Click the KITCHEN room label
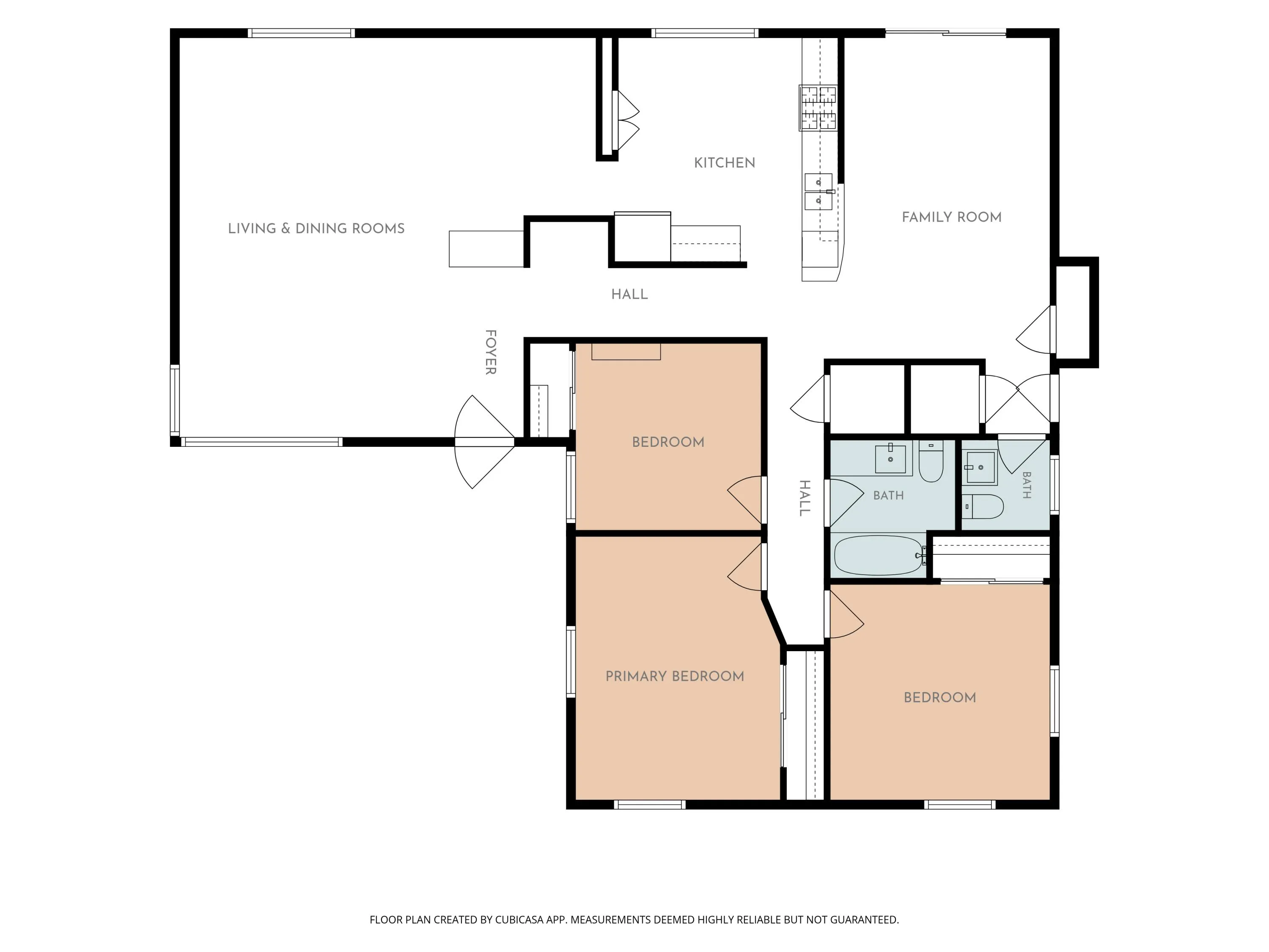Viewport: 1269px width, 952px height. point(724,163)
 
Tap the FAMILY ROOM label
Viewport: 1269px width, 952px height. point(951,217)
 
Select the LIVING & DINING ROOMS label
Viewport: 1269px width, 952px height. point(316,228)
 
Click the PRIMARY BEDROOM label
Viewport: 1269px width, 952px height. point(675,676)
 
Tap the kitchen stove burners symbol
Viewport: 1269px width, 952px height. point(818,108)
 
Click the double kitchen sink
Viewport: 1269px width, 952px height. point(819,192)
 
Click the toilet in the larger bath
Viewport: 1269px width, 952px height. point(931,461)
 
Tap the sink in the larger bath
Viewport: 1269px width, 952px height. point(890,459)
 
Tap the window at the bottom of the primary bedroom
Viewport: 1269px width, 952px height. point(650,805)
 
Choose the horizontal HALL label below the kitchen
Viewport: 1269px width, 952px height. point(629,294)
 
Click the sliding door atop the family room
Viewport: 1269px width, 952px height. point(945,33)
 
